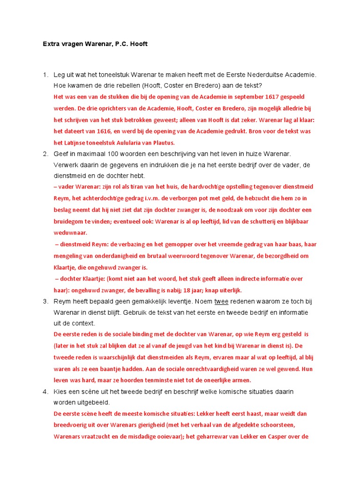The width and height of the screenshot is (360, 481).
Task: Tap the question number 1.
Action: [x=45, y=75]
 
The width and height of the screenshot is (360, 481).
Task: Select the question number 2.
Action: [x=45, y=154]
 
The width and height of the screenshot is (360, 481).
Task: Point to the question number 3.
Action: [x=45, y=301]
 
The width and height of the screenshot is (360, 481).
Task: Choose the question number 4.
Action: [x=45, y=391]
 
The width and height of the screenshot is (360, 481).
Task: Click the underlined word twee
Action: [x=222, y=301]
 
